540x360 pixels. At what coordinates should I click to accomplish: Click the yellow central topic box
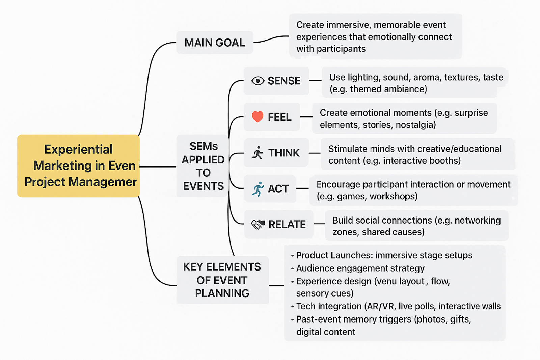[x=78, y=166]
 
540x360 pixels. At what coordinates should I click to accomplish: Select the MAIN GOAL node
[x=215, y=43]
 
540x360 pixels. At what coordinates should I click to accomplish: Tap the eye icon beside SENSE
[x=258, y=81]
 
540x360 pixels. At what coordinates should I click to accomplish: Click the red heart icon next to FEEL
[x=258, y=117]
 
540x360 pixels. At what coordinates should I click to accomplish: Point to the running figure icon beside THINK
[x=257, y=153]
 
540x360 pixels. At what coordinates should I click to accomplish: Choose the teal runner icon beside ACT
[x=258, y=189]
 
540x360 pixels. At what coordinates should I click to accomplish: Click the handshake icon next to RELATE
[x=258, y=224]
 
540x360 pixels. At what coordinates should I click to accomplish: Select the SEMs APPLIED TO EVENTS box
[x=203, y=166]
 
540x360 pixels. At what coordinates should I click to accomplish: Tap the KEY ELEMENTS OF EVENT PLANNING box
[x=222, y=280]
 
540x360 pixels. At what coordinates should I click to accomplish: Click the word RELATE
[x=287, y=224]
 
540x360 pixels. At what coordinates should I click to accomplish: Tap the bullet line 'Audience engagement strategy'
[x=360, y=268]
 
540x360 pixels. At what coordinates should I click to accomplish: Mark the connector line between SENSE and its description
[x=315, y=80]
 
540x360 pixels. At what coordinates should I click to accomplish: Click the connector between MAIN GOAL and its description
[x=271, y=39]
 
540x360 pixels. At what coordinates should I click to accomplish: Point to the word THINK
[x=284, y=153]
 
